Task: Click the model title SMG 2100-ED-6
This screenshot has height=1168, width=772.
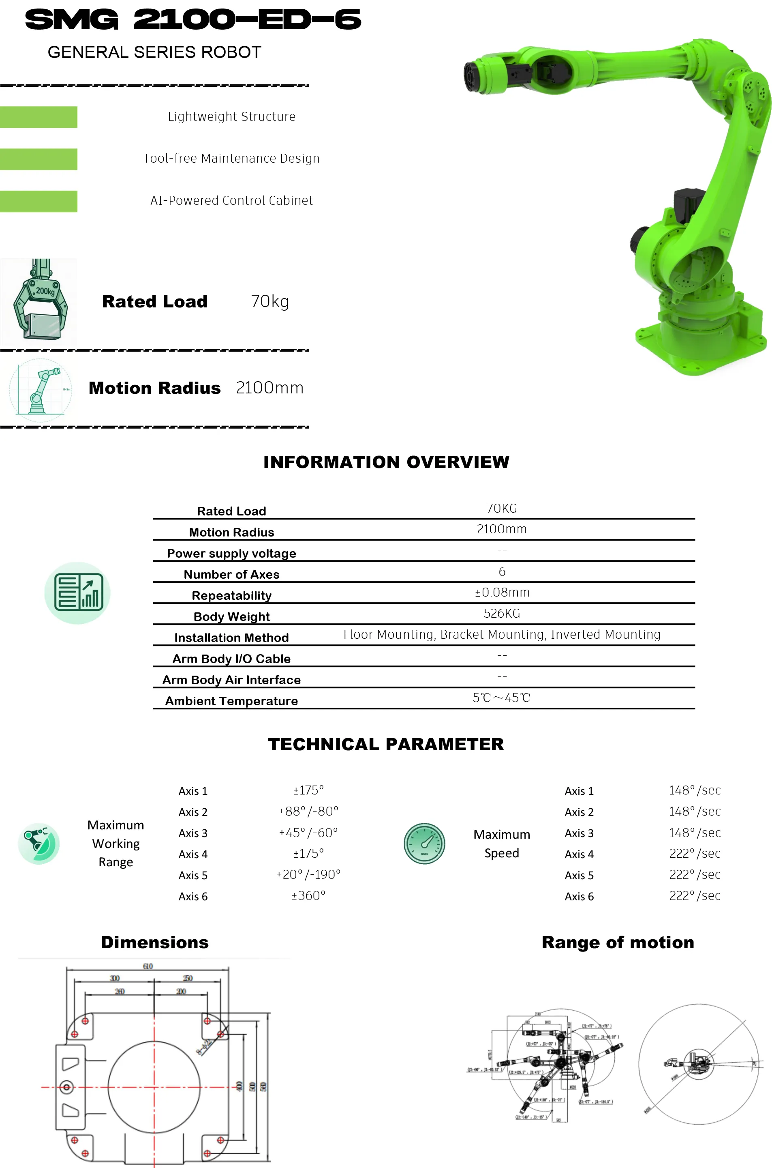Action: click(193, 20)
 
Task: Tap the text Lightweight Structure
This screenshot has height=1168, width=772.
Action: click(231, 117)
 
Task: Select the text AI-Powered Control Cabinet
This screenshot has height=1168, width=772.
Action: click(231, 200)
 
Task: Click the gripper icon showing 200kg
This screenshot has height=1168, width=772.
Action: click(39, 301)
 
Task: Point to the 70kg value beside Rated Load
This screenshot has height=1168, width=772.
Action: click(270, 301)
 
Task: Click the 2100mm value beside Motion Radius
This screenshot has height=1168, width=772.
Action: click(270, 388)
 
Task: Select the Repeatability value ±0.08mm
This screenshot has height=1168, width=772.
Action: click(502, 592)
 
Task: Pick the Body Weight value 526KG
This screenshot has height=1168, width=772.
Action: click(502, 613)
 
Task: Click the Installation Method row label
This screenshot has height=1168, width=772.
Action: click(231, 638)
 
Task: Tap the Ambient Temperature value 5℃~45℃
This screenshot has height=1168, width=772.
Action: click(501, 698)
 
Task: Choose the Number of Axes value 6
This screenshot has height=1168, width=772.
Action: click(502, 571)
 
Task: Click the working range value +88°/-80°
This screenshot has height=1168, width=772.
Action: click(308, 812)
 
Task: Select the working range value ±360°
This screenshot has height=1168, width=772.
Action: click(308, 895)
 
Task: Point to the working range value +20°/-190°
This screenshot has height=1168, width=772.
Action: click(308, 874)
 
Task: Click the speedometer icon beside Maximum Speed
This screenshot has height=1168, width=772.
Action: click(424, 844)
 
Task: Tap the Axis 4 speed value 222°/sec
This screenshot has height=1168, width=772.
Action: click(695, 854)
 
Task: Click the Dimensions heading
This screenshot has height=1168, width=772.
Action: click(154, 943)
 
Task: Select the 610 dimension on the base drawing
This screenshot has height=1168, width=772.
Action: click(148, 966)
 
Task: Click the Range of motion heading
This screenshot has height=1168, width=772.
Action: click(618, 943)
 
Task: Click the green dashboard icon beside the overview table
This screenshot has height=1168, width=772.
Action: click(78, 593)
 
